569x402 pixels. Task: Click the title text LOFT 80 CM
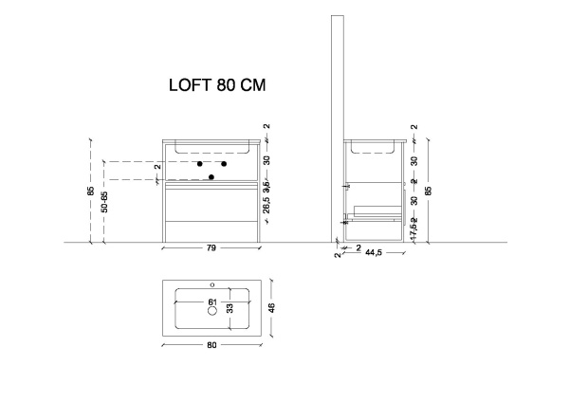[215, 84]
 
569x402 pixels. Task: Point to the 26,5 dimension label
[267, 208]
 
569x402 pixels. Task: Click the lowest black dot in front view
[212, 177]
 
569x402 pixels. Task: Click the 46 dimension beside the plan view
[271, 307]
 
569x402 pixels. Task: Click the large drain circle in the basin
[211, 311]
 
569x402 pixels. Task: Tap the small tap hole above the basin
[211, 285]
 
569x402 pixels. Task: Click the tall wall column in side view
[336, 114]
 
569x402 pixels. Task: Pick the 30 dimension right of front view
[267, 160]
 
